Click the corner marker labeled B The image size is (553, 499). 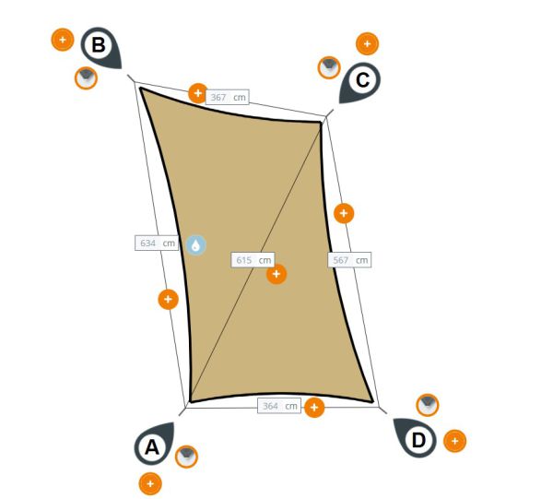point(100,47)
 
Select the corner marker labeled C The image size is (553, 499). point(360,82)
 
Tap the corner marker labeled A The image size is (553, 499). point(154,445)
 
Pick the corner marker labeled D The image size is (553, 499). point(416,438)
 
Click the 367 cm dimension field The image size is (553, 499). point(227,97)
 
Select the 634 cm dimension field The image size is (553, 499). point(157,244)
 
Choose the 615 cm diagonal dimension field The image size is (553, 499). point(253,260)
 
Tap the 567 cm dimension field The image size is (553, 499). point(349,260)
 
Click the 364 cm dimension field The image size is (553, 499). point(279,406)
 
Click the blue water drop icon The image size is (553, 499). point(196,245)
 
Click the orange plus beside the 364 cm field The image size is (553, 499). point(314,408)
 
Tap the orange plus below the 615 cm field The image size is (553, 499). point(276,274)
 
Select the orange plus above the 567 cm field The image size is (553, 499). point(344,213)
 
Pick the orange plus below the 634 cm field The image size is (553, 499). point(169,300)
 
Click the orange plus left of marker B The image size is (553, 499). point(63,40)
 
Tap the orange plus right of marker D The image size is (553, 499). point(455,441)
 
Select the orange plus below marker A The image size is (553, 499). point(150,483)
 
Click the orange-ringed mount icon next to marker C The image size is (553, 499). point(329,67)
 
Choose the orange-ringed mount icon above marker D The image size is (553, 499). point(428,405)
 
